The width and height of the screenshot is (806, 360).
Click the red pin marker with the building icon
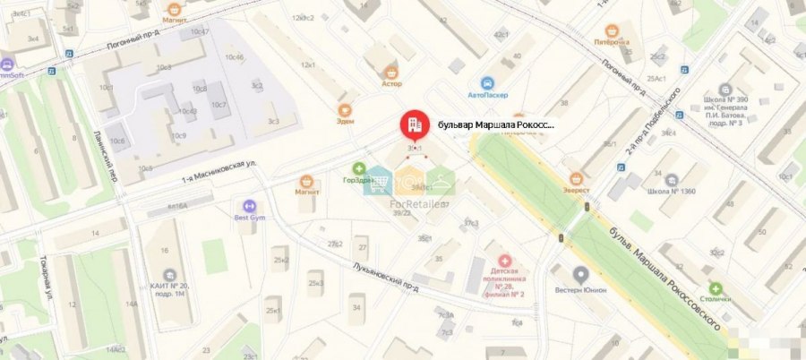(414, 125)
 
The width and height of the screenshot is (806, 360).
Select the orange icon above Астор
(390, 71)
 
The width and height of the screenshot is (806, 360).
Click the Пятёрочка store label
(612, 42)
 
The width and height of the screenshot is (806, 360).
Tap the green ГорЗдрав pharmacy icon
(358, 167)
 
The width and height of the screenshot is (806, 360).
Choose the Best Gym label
(251, 217)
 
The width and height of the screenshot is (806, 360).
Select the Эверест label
(577, 190)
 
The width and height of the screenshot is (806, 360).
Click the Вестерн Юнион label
(580, 289)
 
